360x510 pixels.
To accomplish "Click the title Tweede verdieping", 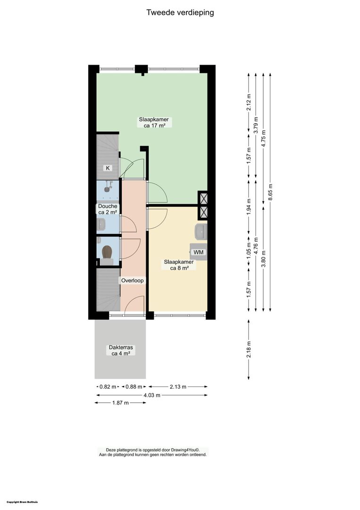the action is point(180,13).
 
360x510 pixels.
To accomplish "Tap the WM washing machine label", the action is point(198,252).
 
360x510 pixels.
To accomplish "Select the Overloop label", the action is point(132,280).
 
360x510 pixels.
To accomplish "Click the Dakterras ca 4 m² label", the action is point(121,350).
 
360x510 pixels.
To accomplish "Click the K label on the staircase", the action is point(108,168).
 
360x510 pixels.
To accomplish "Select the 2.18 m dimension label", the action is point(249,349).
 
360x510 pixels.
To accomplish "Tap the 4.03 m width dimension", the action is point(152,395).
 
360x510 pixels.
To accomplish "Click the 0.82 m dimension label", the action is point(108,387).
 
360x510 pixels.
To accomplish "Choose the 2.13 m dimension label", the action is point(178,387).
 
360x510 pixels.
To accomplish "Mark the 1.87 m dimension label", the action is point(120,403).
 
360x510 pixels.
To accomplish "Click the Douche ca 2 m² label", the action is point(108,209).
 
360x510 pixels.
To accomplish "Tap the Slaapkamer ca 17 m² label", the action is point(154,122).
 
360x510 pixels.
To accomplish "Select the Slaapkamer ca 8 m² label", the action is point(179,265).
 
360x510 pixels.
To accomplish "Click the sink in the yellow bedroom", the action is point(201,231).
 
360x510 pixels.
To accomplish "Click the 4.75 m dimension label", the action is point(263,138).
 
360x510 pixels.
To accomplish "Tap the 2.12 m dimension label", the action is point(249,102).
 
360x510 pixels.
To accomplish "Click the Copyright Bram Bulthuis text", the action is point(22,502).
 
